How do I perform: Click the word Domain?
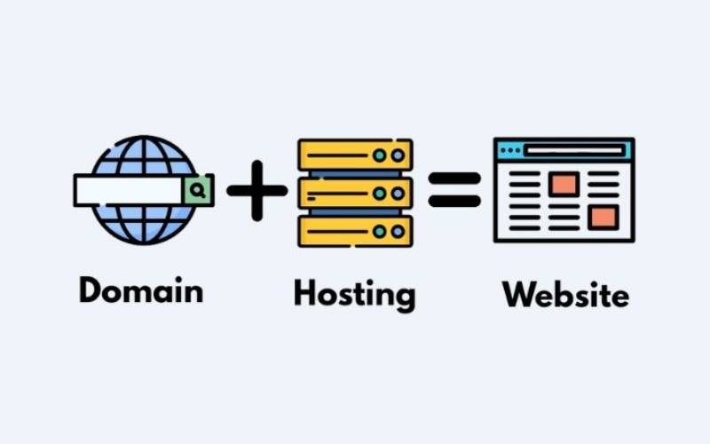tap(140, 290)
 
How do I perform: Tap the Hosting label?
tap(354, 294)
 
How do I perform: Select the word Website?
tap(565, 294)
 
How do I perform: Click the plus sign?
tap(256, 190)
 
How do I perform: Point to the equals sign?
tap(454, 189)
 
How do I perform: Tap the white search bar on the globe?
tap(129, 189)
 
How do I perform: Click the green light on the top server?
tap(380, 155)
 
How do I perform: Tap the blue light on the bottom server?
tap(398, 231)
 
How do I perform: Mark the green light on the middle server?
tap(380, 193)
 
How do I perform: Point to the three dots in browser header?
tap(509, 151)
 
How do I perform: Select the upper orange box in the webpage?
tap(564, 184)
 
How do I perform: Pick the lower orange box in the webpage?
tap(603, 217)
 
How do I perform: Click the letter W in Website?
tap(516, 294)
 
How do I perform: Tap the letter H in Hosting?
tap(305, 292)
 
